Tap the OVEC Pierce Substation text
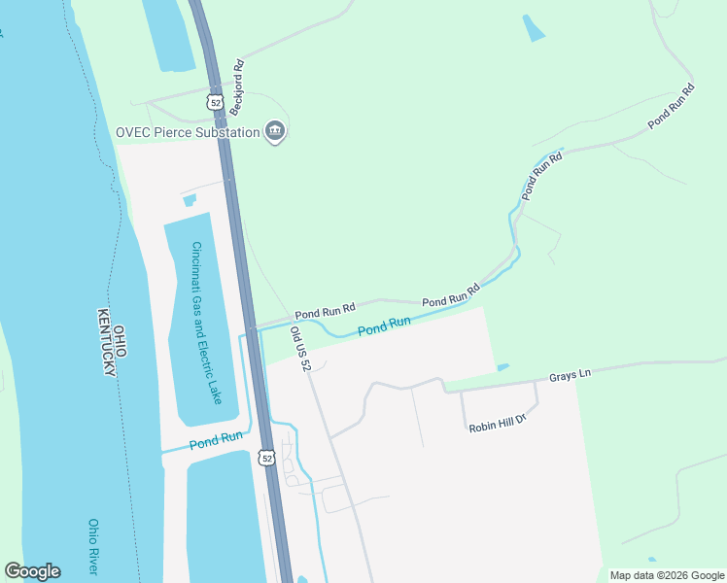pyautogui.click(x=188, y=132)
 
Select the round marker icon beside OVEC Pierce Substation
pyautogui.click(x=275, y=132)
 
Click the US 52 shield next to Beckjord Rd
pyautogui.click(x=215, y=100)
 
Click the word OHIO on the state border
pyautogui.click(x=121, y=343)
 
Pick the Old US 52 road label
pyautogui.click(x=300, y=349)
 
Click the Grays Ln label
pyautogui.click(x=571, y=374)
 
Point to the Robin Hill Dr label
pyautogui.click(x=497, y=424)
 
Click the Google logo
pyautogui.click(x=32, y=571)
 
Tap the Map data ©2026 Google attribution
pyautogui.click(x=666, y=575)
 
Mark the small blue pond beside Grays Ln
pyautogui.click(x=502, y=367)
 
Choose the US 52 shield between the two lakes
pyautogui.click(x=267, y=457)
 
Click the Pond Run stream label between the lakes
pyautogui.click(x=216, y=439)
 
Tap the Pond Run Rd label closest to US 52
pyautogui.click(x=326, y=314)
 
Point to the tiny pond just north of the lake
pyautogui.click(x=189, y=200)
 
